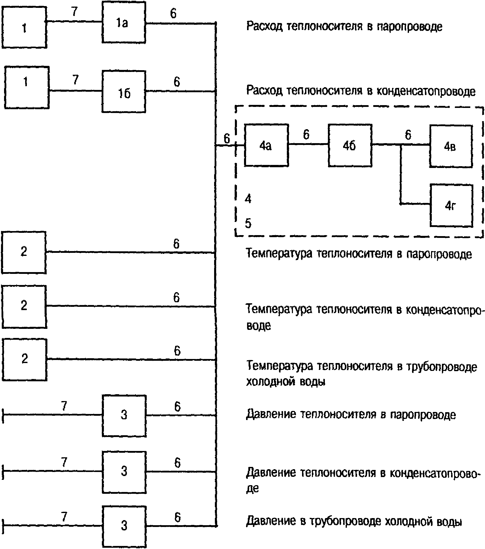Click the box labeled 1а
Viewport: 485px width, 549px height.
[x=124, y=22]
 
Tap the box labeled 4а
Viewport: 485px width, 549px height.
[x=266, y=145]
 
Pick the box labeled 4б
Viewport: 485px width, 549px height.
[x=350, y=146]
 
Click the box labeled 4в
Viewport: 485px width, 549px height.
[x=451, y=146]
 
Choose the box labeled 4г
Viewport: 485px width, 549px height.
[x=451, y=206]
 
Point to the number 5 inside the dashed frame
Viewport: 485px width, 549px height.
[x=248, y=223]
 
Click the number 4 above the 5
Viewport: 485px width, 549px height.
[x=248, y=199]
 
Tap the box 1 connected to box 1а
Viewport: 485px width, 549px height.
[x=24, y=27]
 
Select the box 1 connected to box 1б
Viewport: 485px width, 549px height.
[x=27, y=88]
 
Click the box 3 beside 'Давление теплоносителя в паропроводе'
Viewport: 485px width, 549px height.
[x=124, y=416]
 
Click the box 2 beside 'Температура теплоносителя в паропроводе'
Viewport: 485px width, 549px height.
[x=24, y=253]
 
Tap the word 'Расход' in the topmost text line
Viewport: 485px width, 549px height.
[x=264, y=27]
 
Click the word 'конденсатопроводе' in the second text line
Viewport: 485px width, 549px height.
[x=426, y=91]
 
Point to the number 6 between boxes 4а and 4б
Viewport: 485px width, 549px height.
[x=306, y=135]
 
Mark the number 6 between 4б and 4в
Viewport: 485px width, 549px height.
[x=408, y=135]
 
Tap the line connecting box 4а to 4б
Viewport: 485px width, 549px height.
[x=308, y=144]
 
